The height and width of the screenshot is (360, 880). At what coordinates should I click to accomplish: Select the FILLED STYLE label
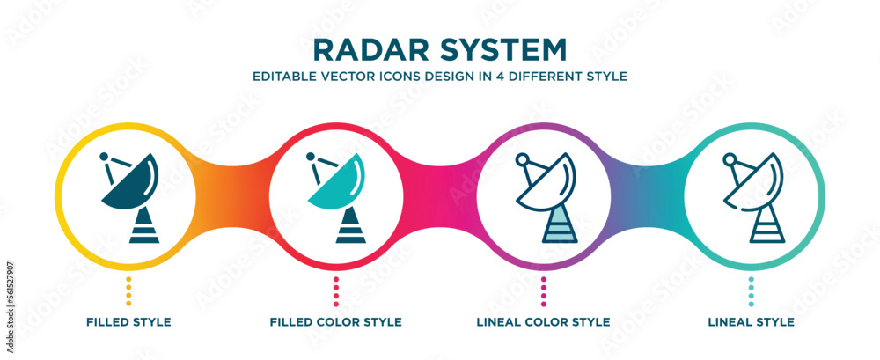coord(128,322)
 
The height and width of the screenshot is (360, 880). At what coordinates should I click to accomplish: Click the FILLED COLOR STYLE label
coord(336,322)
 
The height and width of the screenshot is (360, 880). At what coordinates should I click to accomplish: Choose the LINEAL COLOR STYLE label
coord(544,322)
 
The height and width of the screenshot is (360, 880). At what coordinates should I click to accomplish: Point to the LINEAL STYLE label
coord(751,322)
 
